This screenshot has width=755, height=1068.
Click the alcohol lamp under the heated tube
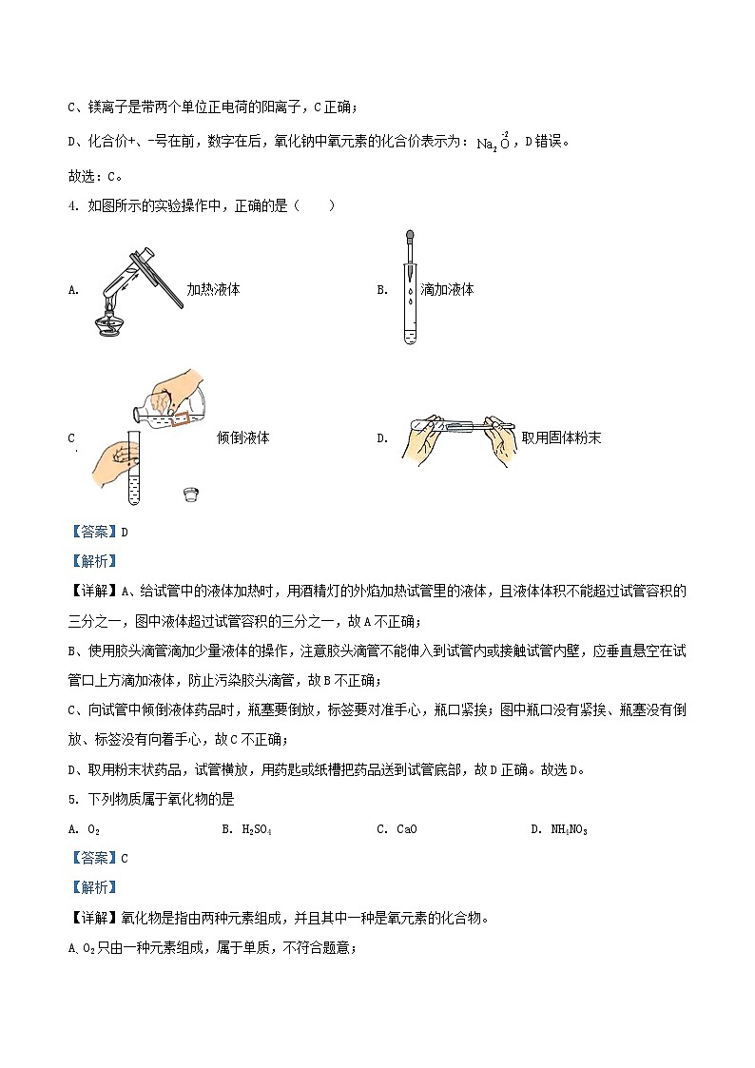tap(108, 320)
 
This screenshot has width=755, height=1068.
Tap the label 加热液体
tap(213, 290)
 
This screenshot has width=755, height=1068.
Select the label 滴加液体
tap(447, 290)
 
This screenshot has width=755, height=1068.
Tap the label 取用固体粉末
tap(561, 438)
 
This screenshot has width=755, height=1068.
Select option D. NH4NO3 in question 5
tap(558, 829)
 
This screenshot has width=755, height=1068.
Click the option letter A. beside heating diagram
tap(73, 290)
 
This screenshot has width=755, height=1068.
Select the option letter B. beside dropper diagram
tap(382, 290)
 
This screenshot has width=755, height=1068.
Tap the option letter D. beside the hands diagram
tap(382, 438)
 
